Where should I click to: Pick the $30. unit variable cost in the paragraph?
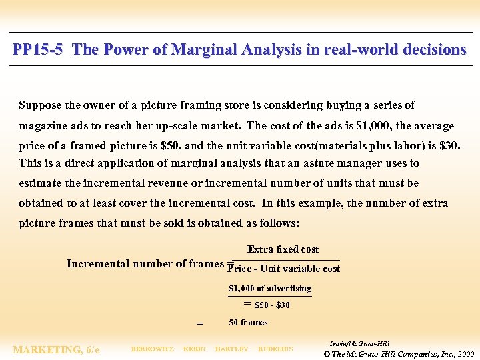tap(450, 145)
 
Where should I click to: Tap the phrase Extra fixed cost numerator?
tap(283, 249)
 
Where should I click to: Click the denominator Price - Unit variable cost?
tap(283, 269)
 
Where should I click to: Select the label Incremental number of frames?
tap(145, 263)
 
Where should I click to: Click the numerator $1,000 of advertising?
tap(270, 289)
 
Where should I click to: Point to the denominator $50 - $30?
tap(272, 305)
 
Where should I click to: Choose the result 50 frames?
tap(248, 323)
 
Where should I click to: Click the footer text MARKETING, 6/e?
tap(56, 349)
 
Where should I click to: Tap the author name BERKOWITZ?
tap(152, 349)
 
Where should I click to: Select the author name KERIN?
tap(194, 349)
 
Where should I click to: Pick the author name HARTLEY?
tap(231, 349)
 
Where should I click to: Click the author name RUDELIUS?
tap(275, 349)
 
